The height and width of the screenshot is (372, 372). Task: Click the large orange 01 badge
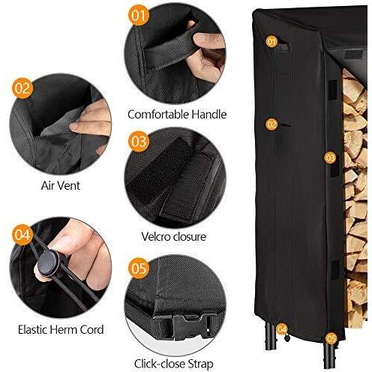pyautogui.click(x=139, y=15)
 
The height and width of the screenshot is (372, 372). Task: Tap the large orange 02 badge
pyautogui.click(x=22, y=88)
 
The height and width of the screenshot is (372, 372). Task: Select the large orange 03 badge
pyautogui.click(x=139, y=142)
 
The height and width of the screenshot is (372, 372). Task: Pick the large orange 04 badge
pyautogui.click(x=22, y=235)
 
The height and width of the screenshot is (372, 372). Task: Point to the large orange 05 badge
pyautogui.click(x=139, y=268)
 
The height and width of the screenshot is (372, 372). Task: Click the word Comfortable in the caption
pyautogui.click(x=158, y=115)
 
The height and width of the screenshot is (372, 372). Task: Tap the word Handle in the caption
pyautogui.click(x=209, y=115)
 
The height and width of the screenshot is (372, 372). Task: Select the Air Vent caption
pyautogui.click(x=61, y=186)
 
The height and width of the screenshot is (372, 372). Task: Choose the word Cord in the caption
pyautogui.click(x=91, y=329)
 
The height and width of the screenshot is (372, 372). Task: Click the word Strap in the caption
pyautogui.click(x=200, y=364)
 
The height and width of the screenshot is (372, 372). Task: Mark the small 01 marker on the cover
pyautogui.click(x=271, y=41)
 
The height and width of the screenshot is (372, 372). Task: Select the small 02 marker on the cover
pyautogui.click(x=271, y=124)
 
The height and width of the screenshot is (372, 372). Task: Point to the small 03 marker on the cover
pyautogui.click(x=330, y=157)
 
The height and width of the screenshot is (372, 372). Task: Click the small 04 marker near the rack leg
pyautogui.click(x=282, y=329)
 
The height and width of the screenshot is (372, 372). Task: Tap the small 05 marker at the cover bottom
pyautogui.click(x=331, y=339)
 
